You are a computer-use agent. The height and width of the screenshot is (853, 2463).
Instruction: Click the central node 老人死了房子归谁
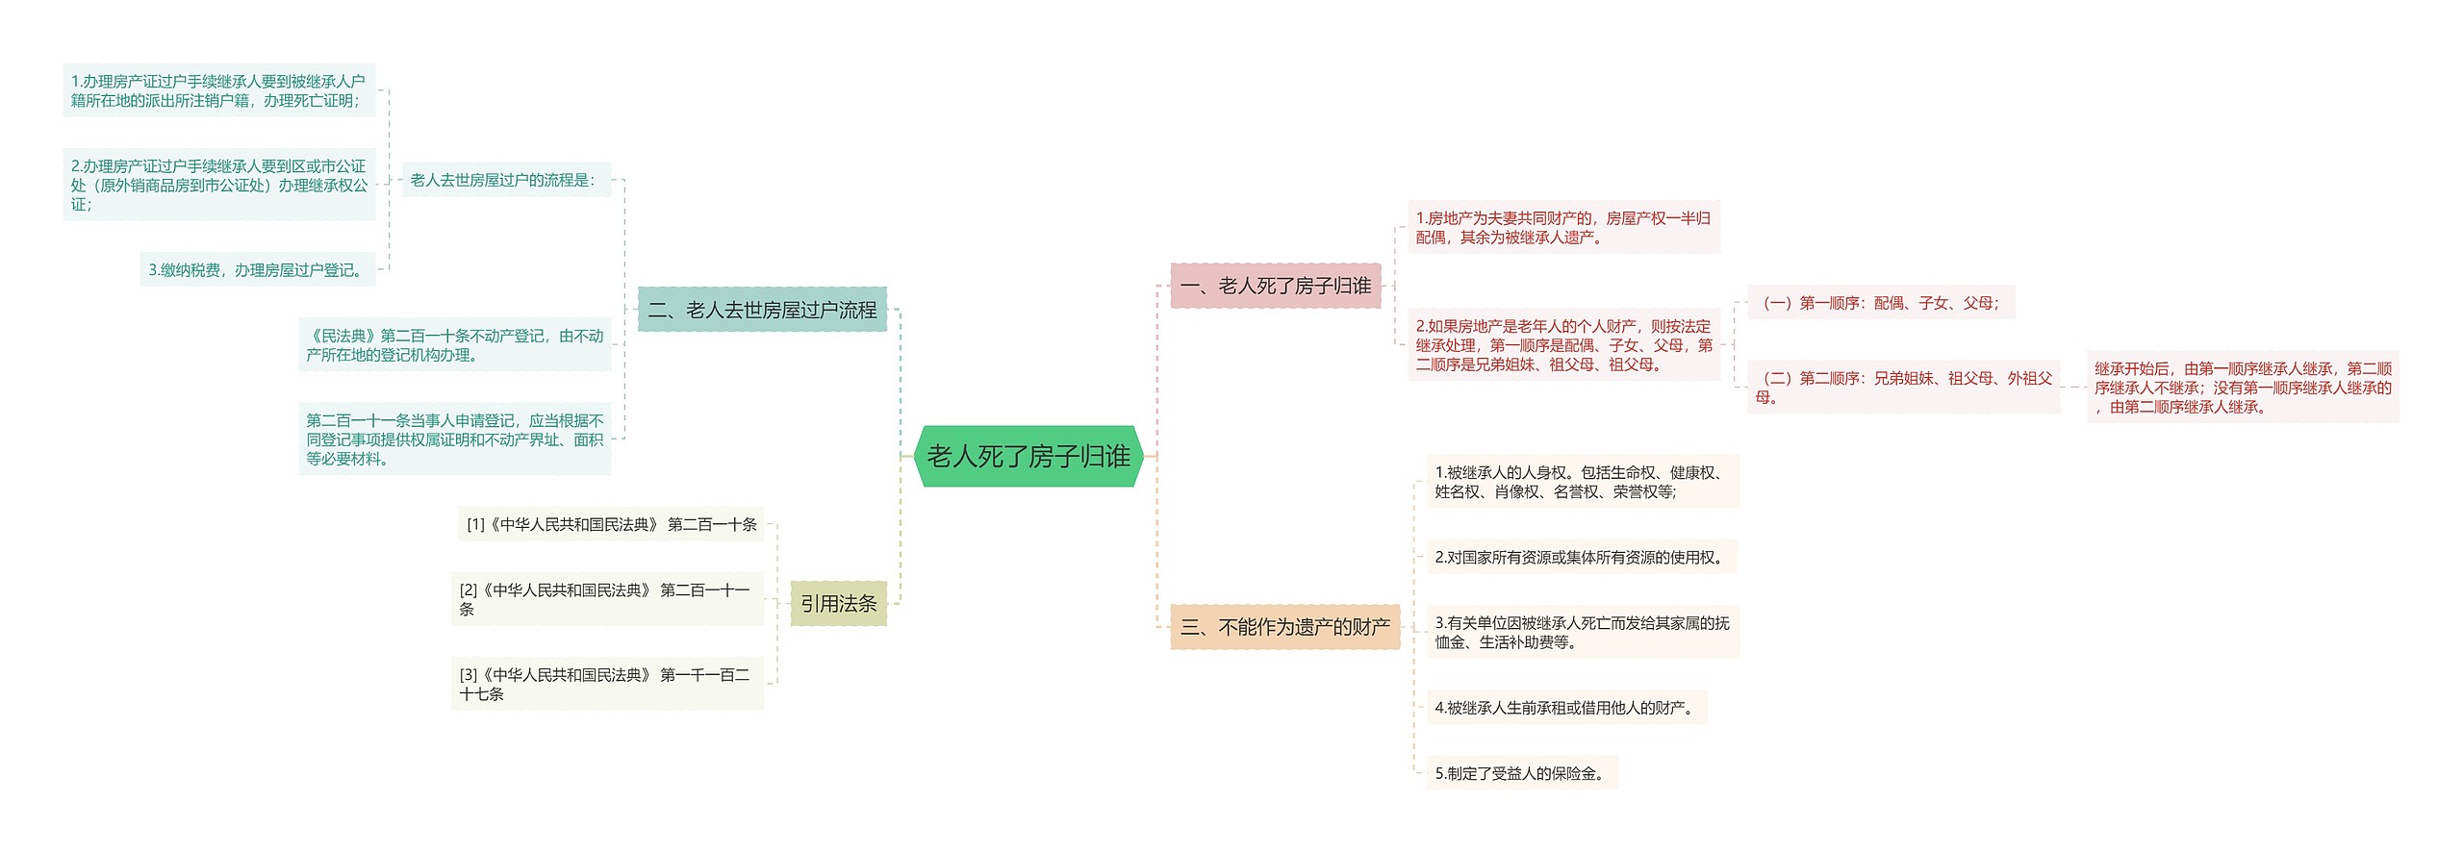click(x=1028, y=456)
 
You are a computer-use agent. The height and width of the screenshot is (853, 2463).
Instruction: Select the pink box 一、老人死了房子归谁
click(x=1275, y=286)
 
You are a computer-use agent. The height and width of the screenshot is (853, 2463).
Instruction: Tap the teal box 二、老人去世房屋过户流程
click(x=762, y=310)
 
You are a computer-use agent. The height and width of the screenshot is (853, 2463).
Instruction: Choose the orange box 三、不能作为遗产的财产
click(x=1284, y=627)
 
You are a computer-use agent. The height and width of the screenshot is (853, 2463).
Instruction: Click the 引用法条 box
click(x=838, y=604)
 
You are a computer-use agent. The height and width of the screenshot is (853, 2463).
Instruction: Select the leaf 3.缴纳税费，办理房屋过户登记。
click(x=258, y=270)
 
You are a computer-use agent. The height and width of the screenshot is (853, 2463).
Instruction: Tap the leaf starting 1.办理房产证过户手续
click(x=219, y=91)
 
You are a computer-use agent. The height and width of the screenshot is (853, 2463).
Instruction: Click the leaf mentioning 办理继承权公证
click(x=219, y=185)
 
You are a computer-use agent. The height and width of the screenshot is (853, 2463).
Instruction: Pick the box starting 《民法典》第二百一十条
click(x=454, y=345)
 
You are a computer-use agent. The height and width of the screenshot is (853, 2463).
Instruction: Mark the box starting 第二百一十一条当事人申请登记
click(x=454, y=439)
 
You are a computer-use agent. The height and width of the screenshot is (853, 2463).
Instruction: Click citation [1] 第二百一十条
click(x=611, y=524)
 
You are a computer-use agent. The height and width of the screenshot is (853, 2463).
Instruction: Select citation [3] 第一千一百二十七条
click(x=607, y=684)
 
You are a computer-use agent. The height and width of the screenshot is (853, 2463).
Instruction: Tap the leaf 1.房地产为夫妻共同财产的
click(x=1563, y=228)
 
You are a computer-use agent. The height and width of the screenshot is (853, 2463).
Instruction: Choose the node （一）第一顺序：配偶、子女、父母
click(x=1880, y=303)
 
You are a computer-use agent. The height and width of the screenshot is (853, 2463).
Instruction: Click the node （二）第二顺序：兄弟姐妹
click(x=1903, y=388)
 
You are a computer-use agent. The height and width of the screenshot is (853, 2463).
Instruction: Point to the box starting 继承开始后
click(x=2243, y=388)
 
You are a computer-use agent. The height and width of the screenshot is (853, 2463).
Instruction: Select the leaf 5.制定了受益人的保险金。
click(x=1521, y=773)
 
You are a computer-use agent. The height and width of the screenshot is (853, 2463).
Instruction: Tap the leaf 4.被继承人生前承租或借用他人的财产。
click(x=1566, y=708)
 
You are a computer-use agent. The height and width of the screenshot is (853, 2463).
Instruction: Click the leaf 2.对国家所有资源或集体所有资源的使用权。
click(x=1581, y=557)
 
